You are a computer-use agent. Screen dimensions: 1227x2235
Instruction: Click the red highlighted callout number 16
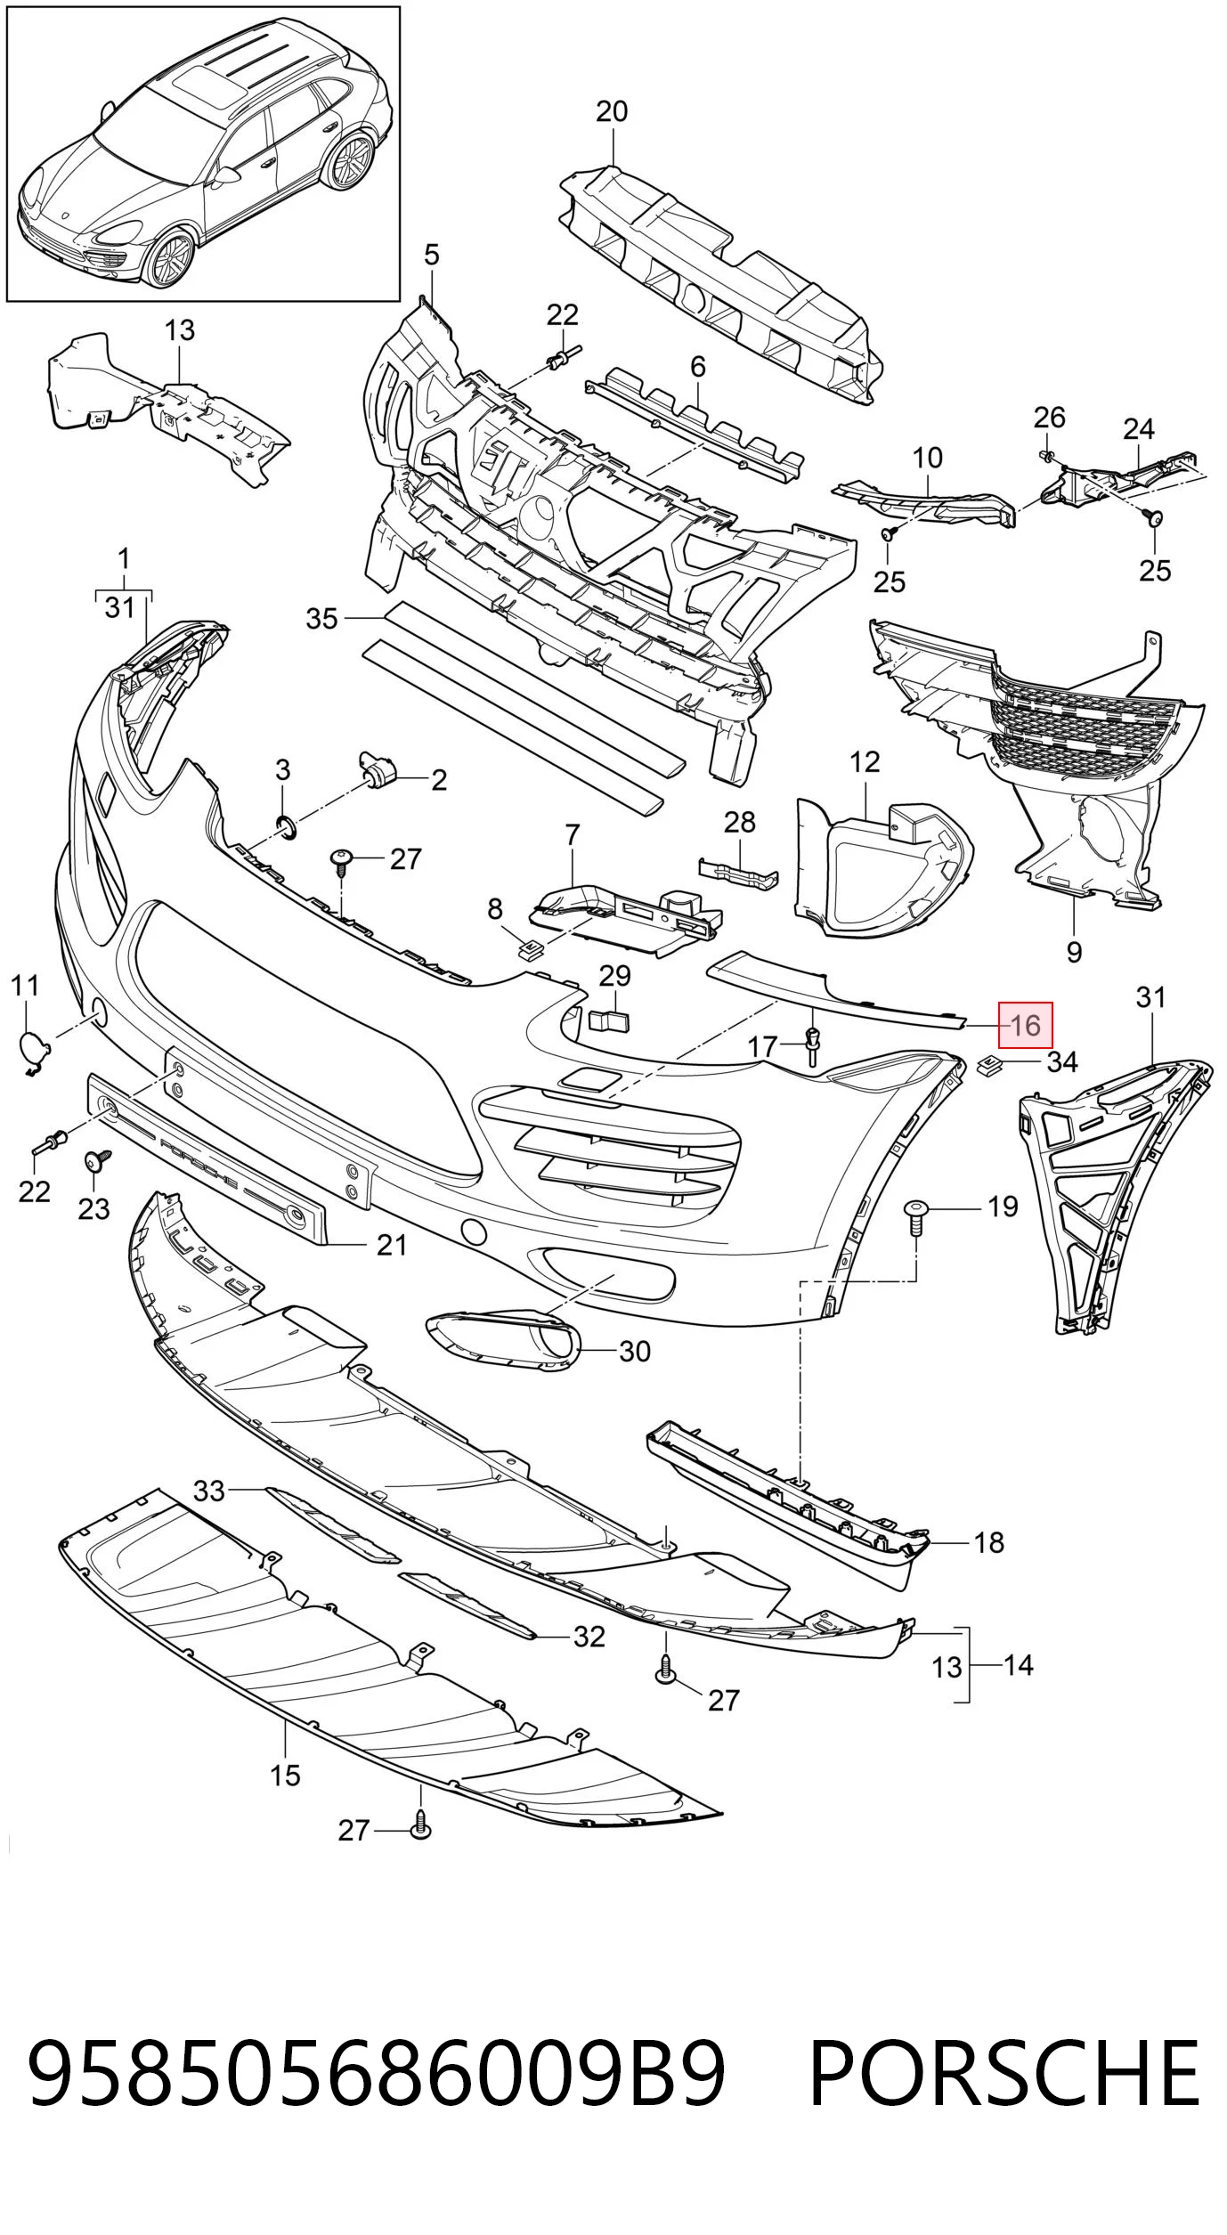tap(1026, 1025)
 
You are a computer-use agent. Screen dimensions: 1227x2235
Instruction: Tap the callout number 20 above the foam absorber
tap(612, 111)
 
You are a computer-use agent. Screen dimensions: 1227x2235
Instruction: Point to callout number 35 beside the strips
tap(321, 617)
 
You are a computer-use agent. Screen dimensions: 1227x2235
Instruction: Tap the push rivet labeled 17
tap(811, 1044)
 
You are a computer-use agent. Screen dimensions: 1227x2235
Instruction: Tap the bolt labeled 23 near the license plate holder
tap(98, 1162)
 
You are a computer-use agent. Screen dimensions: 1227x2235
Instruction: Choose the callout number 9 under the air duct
tap(1074, 951)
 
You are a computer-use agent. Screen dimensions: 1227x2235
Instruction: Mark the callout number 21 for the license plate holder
tap(392, 1245)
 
